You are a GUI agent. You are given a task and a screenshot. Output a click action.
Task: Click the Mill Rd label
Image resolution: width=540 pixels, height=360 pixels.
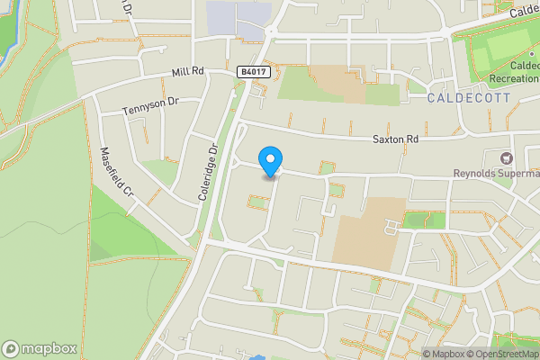click(x=188, y=72)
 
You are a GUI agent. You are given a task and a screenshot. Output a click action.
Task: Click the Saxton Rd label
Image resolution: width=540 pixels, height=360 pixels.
click(x=396, y=139)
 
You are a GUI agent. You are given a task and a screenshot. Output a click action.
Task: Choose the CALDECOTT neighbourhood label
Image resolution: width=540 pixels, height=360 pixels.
click(x=468, y=96)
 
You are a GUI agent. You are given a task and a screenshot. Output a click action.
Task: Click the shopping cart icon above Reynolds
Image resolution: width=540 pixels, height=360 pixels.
click(x=517, y=157)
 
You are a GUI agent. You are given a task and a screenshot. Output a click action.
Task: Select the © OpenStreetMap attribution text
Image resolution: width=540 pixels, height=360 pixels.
click(x=499, y=353)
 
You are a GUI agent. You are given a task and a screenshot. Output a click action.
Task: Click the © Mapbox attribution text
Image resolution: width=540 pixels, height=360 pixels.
click(x=443, y=353)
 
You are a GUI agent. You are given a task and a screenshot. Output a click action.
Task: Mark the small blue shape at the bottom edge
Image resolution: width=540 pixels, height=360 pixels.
click(x=259, y=357)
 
